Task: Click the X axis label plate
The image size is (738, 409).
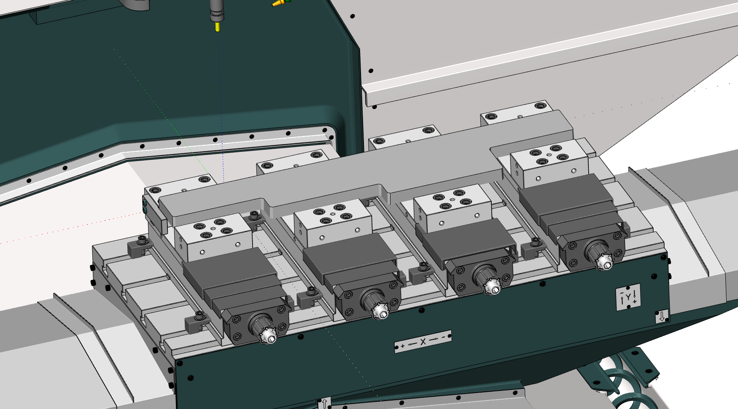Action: click(x=423, y=341)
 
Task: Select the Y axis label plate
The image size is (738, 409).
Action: click(x=628, y=297)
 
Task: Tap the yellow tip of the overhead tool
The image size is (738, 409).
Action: click(x=217, y=27)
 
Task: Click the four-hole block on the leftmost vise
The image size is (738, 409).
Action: click(x=213, y=237)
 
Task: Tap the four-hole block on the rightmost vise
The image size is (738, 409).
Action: click(x=549, y=164)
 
